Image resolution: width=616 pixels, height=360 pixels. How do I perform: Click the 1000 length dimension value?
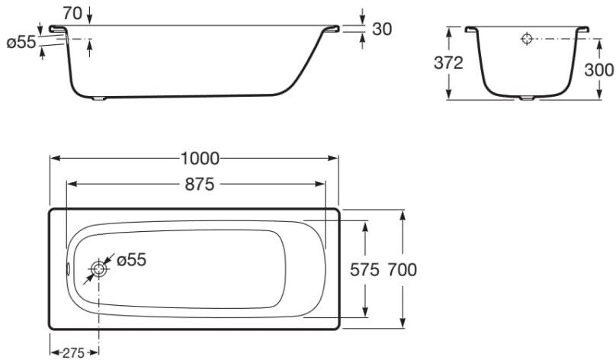200,159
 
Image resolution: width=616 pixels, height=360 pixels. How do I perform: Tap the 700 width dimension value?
402,269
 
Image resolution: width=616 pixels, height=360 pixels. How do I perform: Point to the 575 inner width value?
365,269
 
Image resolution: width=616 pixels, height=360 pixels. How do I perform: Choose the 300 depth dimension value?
599,69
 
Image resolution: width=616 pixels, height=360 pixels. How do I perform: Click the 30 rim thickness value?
382,28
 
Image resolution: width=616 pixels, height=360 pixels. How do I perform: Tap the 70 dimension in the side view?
72,12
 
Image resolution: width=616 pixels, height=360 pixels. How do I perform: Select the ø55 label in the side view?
21,43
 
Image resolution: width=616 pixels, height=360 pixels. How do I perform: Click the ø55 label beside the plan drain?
130,260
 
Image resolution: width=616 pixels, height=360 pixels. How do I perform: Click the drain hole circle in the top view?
98,268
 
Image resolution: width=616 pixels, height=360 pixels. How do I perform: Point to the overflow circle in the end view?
527,39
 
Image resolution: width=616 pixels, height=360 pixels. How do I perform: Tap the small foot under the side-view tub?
100,98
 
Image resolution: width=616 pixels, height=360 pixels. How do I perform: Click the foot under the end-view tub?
527,98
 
